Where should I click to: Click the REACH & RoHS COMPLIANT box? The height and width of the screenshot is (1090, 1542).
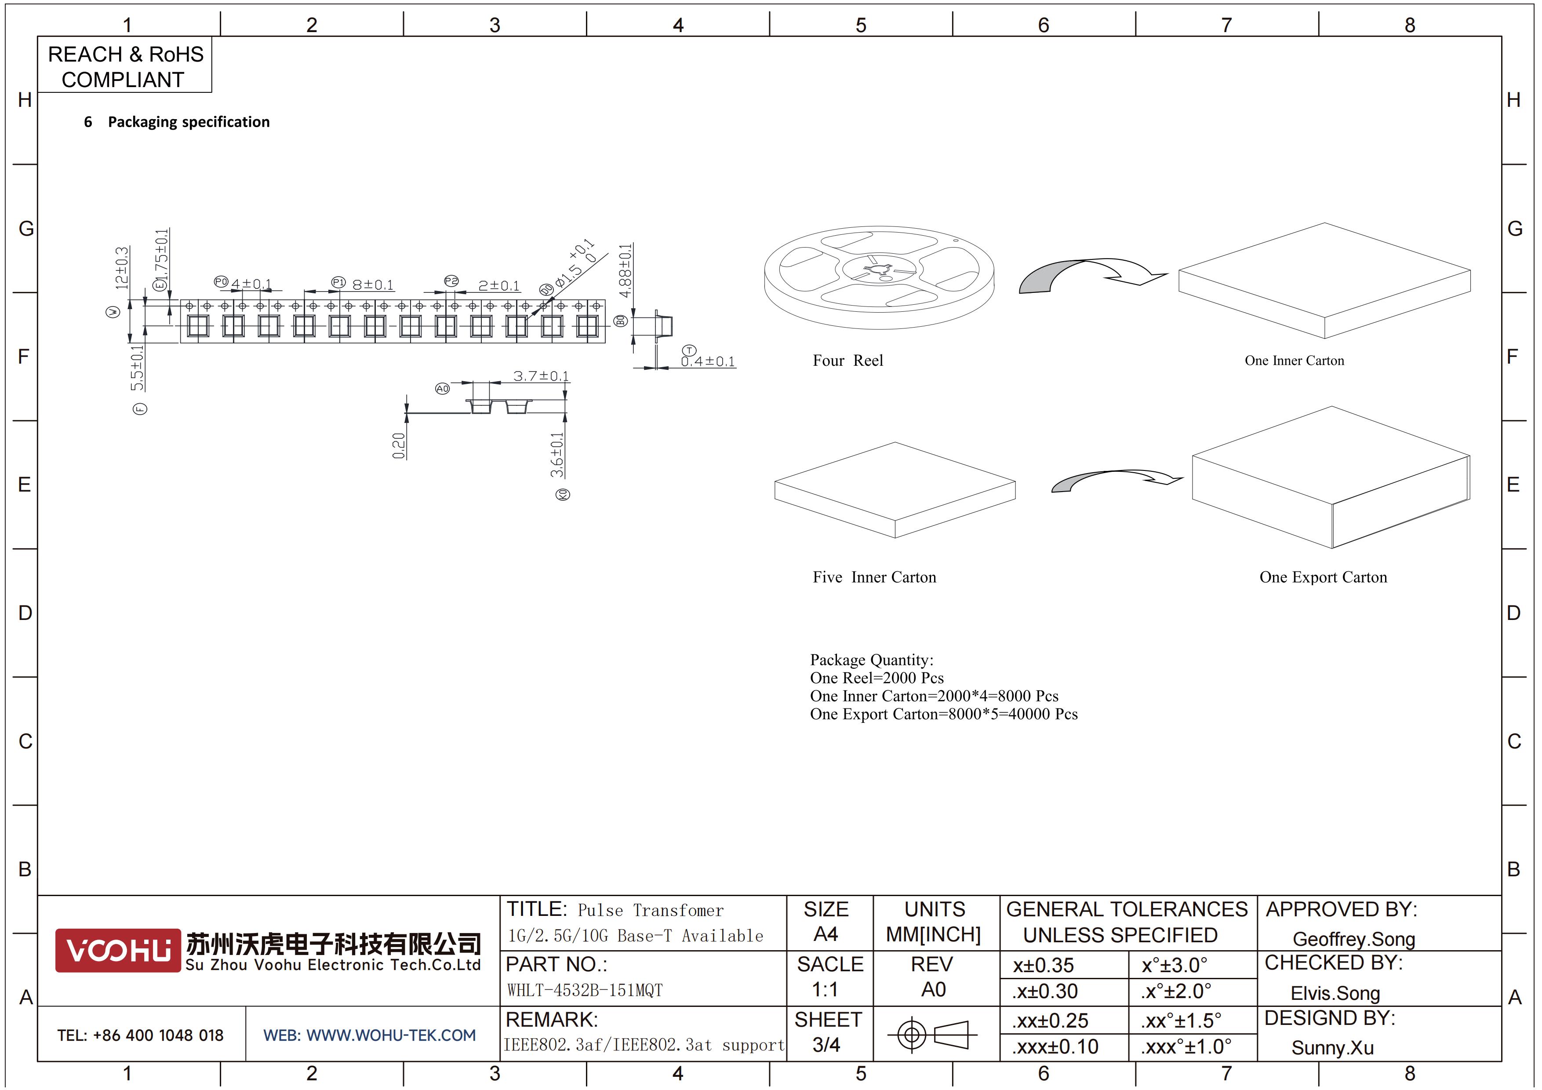tap(125, 65)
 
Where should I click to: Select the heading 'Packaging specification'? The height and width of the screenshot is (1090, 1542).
tap(189, 121)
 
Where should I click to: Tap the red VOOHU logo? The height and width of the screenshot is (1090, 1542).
tap(118, 950)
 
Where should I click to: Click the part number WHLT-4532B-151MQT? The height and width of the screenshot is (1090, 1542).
tap(584, 990)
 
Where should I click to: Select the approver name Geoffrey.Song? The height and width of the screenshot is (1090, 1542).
tap(1353, 939)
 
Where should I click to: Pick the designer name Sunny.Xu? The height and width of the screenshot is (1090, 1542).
tap(1332, 1048)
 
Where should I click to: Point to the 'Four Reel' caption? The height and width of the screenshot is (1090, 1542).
tap(847, 361)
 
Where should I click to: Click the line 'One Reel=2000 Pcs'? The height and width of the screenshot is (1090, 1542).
tap(876, 678)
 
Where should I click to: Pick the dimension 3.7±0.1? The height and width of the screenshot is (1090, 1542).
tap(541, 375)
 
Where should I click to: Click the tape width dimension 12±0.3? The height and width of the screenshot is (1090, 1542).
tap(122, 268)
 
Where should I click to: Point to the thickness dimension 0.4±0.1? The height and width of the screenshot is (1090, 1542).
tap(708, 361)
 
